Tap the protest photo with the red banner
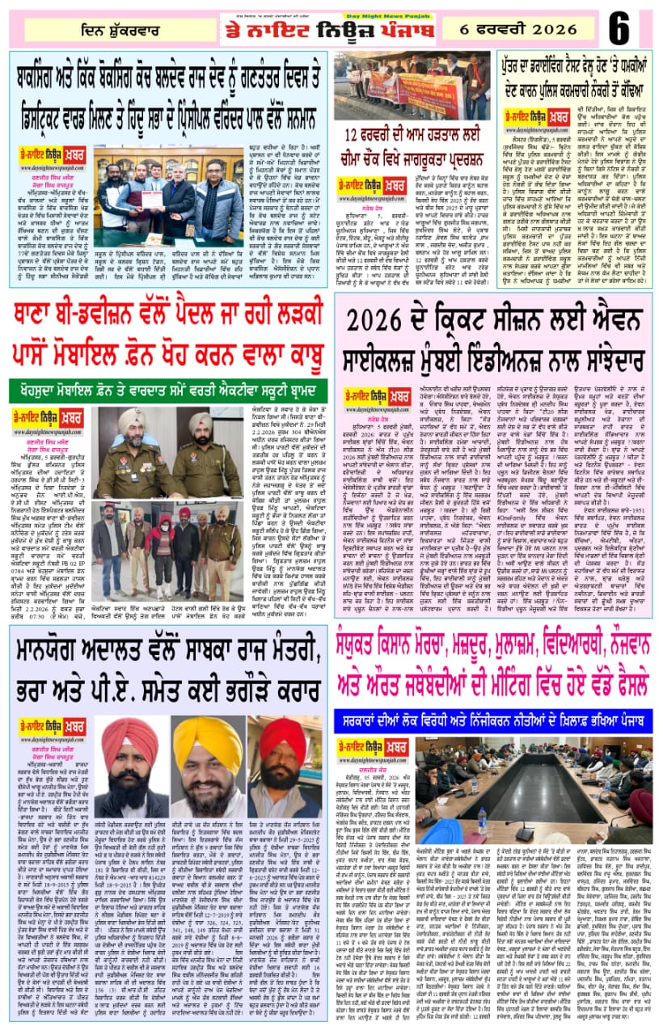(x=412, y=87)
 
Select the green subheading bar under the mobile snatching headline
(x=169, y=388)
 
